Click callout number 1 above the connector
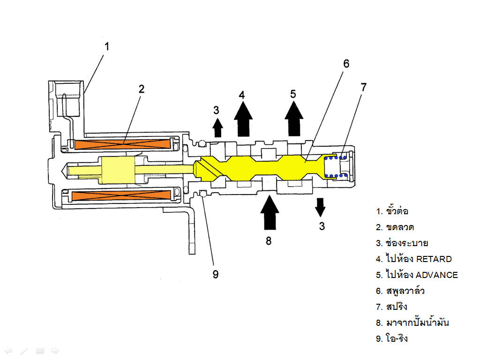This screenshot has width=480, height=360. point(106,46)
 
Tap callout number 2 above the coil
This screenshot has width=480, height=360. point(142,89)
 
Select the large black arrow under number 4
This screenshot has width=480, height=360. point(243,119)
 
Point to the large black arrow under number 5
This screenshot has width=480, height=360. point(294,119)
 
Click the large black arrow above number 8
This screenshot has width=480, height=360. point(270,212)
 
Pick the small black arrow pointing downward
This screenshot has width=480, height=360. point(320,207)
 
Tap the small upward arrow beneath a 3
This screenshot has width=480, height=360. point(217,127)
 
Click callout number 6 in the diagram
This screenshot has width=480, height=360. point(346,64)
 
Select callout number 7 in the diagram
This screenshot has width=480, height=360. point(363,87)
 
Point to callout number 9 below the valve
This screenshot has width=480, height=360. point(216,274)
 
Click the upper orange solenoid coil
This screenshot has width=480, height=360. point(122,144)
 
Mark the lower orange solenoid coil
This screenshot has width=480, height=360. point(121,195)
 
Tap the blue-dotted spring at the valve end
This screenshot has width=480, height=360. point(336,167)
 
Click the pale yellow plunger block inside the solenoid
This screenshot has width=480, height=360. point(118,170)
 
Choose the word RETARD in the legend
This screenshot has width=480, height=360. point(434,259)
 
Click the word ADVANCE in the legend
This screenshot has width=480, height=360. point(436,275)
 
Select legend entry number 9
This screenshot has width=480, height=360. point(392,338)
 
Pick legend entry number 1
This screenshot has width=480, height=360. point(392,211)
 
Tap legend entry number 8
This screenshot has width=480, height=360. point(412,322)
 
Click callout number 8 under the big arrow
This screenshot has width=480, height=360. point(269,241)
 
